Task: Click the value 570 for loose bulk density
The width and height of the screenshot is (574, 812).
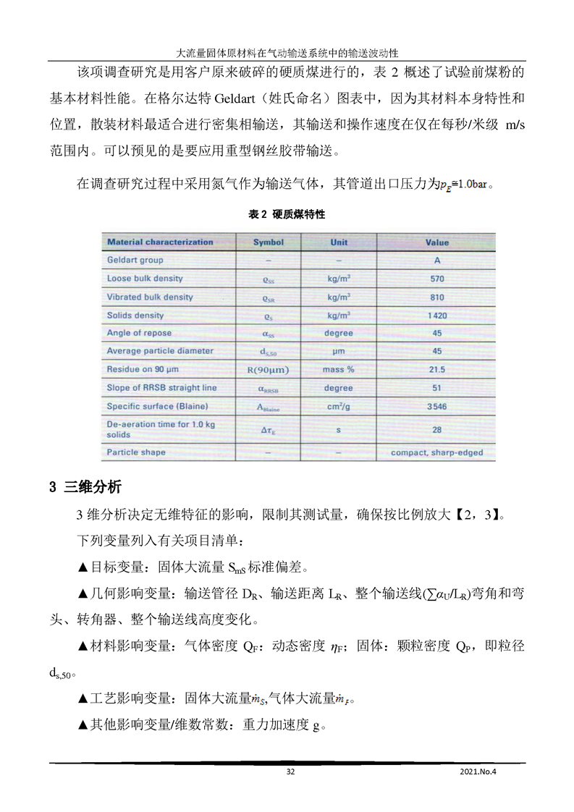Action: (x=436, y=279)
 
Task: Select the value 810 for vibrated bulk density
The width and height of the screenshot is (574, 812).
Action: (x=436, y=297)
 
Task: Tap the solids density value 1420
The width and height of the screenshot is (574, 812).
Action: (x=436, y=316)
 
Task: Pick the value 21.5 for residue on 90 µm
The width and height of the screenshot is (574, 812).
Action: (x=436, y=369)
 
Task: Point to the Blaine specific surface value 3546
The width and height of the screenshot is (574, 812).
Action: (x=436, y=407)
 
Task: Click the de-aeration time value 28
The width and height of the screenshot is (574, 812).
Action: (x=436, y=429)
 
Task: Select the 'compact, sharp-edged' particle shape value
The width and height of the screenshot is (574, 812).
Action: (x=436, y=453)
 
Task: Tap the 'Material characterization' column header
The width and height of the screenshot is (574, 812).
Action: (x=160, y=242)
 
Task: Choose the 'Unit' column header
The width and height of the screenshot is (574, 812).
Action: (x=339, y=242)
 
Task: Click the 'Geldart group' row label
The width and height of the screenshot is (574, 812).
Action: (x=135, y=260)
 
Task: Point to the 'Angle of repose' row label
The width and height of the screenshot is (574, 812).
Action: (x=140, y=333)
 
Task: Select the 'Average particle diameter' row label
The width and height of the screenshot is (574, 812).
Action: (x=160, y=351)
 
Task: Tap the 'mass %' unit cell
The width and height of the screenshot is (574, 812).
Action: (x=339, y=369)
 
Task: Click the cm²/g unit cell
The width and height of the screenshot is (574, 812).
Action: (x=339, y=407)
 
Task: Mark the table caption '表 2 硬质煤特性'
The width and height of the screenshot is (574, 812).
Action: (x=287, y=215)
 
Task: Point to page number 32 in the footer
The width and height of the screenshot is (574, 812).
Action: (x=290, y=771)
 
